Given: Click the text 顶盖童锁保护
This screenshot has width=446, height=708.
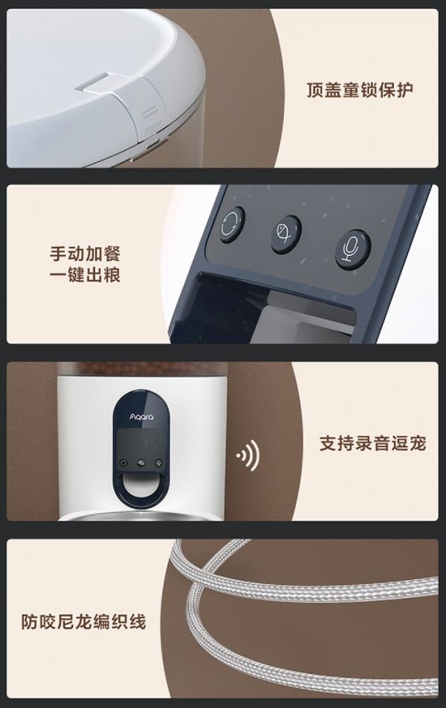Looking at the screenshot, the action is point(360,89).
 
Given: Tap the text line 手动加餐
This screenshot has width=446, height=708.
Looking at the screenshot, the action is point(85,254).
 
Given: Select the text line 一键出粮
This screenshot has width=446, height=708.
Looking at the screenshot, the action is point(85,275).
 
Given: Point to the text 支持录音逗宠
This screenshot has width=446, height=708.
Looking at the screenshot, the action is point(372,443).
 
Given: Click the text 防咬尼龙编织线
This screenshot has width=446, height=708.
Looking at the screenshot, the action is point(84,621).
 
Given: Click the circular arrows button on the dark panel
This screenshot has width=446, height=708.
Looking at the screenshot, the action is point(233,225).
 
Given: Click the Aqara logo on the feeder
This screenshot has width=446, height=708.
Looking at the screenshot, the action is point(142,416).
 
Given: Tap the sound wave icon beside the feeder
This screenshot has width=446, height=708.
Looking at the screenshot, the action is point(248,455).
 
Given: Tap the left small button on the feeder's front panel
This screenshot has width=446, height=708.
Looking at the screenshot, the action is point(123,463).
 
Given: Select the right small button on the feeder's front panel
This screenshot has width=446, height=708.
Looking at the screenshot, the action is point(158,463).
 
